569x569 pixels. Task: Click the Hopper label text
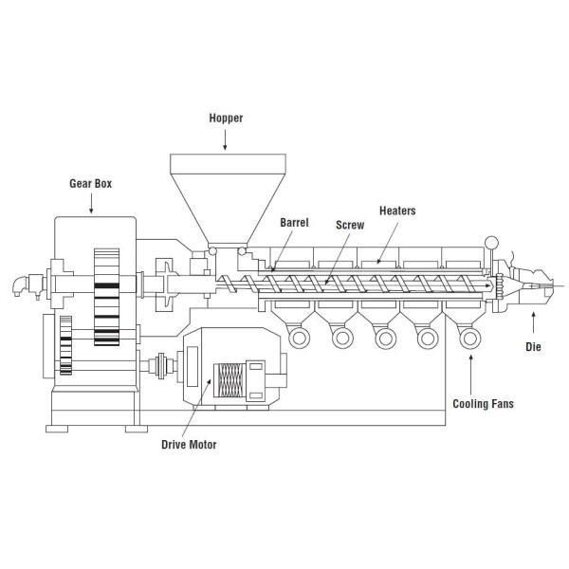pyautogui.click(x=226, y=118)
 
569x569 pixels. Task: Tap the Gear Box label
pyautogui.click(x=91, y=183)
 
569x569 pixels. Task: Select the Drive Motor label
pyautogui.click(x=189, y=445)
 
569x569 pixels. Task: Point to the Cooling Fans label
pyautogui.click(x=483, y=404)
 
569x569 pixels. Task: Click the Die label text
pyautogui.click(x=533, y=346)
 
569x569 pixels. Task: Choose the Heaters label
pyautogui.click(x=397, y=211)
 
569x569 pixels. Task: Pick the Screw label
pyautogui.click(x=350, y=225)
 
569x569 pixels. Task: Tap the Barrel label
pyautogui.click(x=294, y=223)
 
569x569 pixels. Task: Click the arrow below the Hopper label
pyautogui.click(x=225, y=139)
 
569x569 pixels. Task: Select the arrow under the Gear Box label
pyautogui.click(x=91, y=203)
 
